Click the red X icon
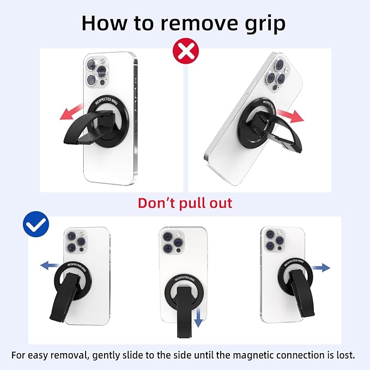click(185, 51)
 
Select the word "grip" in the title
click(265, 23)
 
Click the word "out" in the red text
click(219, 203)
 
